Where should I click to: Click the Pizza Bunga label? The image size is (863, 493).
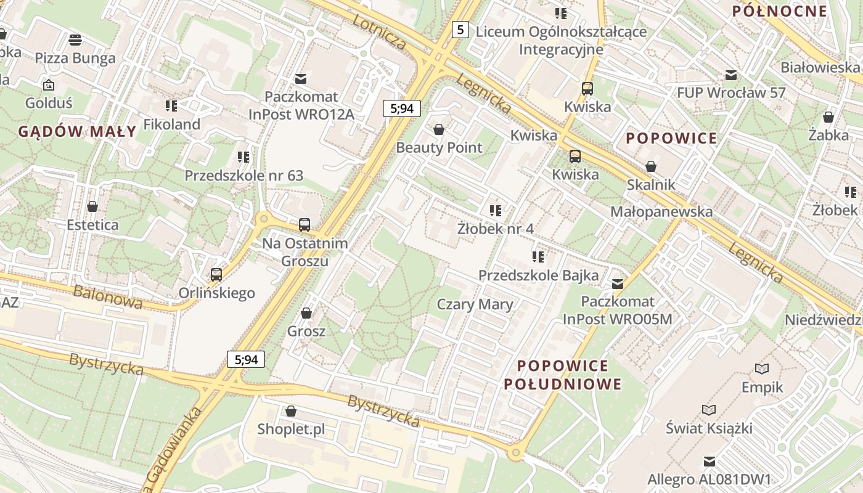(x=75, y=58)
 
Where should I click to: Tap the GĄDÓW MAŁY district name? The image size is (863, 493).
(x=77, y=131)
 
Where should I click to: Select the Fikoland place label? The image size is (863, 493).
(x=172, y=124)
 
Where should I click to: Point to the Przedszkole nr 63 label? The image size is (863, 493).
(x=244, y=176)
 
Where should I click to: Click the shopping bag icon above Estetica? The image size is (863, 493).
(x=92, y=206)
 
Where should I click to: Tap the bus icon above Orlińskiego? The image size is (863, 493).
(x=216, y=274)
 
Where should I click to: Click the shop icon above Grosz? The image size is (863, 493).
(x=306, y=313)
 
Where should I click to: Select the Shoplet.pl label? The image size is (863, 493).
(x=291, y=429)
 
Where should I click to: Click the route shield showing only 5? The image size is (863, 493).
(x=460, y=29)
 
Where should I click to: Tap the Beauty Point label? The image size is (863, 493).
(x=439, y=147)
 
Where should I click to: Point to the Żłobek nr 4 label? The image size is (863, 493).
(x=495, y=229)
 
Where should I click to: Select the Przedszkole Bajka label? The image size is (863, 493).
(x=538, y=275)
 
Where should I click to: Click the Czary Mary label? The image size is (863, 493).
(x=475, y=304)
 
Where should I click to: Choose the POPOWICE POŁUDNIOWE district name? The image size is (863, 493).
(x=562, y=375)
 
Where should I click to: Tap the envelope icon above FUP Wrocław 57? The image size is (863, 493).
(x=731, y=75)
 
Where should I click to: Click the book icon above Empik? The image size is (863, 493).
(x=763, y=369)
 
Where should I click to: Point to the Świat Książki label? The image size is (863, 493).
(x=709, y=428)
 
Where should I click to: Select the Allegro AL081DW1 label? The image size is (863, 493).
(x=709, y=479)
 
